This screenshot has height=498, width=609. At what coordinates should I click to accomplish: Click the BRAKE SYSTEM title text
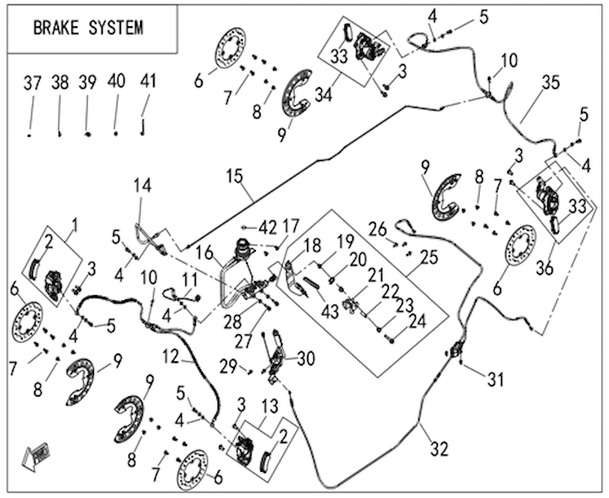click(89, 28)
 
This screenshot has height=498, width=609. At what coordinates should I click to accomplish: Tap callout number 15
click(235, 176)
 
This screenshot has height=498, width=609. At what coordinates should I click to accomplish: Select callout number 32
click(439, 449)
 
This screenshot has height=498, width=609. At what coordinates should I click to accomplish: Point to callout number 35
click(551, 83)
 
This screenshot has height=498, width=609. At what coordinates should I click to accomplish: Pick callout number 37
click(32, 83)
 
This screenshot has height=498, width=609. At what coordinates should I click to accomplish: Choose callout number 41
click(148, 81)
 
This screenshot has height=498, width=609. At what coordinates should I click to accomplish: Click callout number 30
click(305, 359)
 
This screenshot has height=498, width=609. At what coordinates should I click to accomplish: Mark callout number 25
click(429, 257)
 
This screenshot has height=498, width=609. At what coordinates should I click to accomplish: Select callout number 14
click(143, 185)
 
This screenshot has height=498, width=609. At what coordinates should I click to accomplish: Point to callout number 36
click(544, 268)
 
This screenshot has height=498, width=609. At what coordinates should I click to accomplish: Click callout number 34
click(324, 95)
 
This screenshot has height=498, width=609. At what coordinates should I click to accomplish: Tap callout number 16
click(205, 253)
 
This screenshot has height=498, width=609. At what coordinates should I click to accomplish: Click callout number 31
click(495, 380)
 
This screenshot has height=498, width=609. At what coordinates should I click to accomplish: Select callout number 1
click(75, 225)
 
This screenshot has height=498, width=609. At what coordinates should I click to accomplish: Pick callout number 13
click(270, 407)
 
